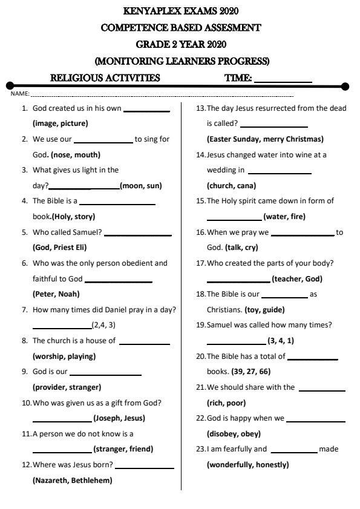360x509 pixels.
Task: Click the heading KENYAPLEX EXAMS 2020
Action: tap(180, 11)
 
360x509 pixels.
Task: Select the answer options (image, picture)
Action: tap(60, 123)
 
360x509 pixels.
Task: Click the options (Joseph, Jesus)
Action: tap(119, 418)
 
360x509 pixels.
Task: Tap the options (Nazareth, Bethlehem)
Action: tap(72, 481)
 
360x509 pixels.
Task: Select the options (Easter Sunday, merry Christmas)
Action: tap(265, 139)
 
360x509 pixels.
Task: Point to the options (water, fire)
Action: tap(284, 217)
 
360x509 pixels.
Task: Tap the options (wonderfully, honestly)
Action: tap(247, 465)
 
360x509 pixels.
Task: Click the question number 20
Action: tap(200, 356)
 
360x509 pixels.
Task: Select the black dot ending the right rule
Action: tap(345, 87)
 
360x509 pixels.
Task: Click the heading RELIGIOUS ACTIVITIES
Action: tap(105, 78)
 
